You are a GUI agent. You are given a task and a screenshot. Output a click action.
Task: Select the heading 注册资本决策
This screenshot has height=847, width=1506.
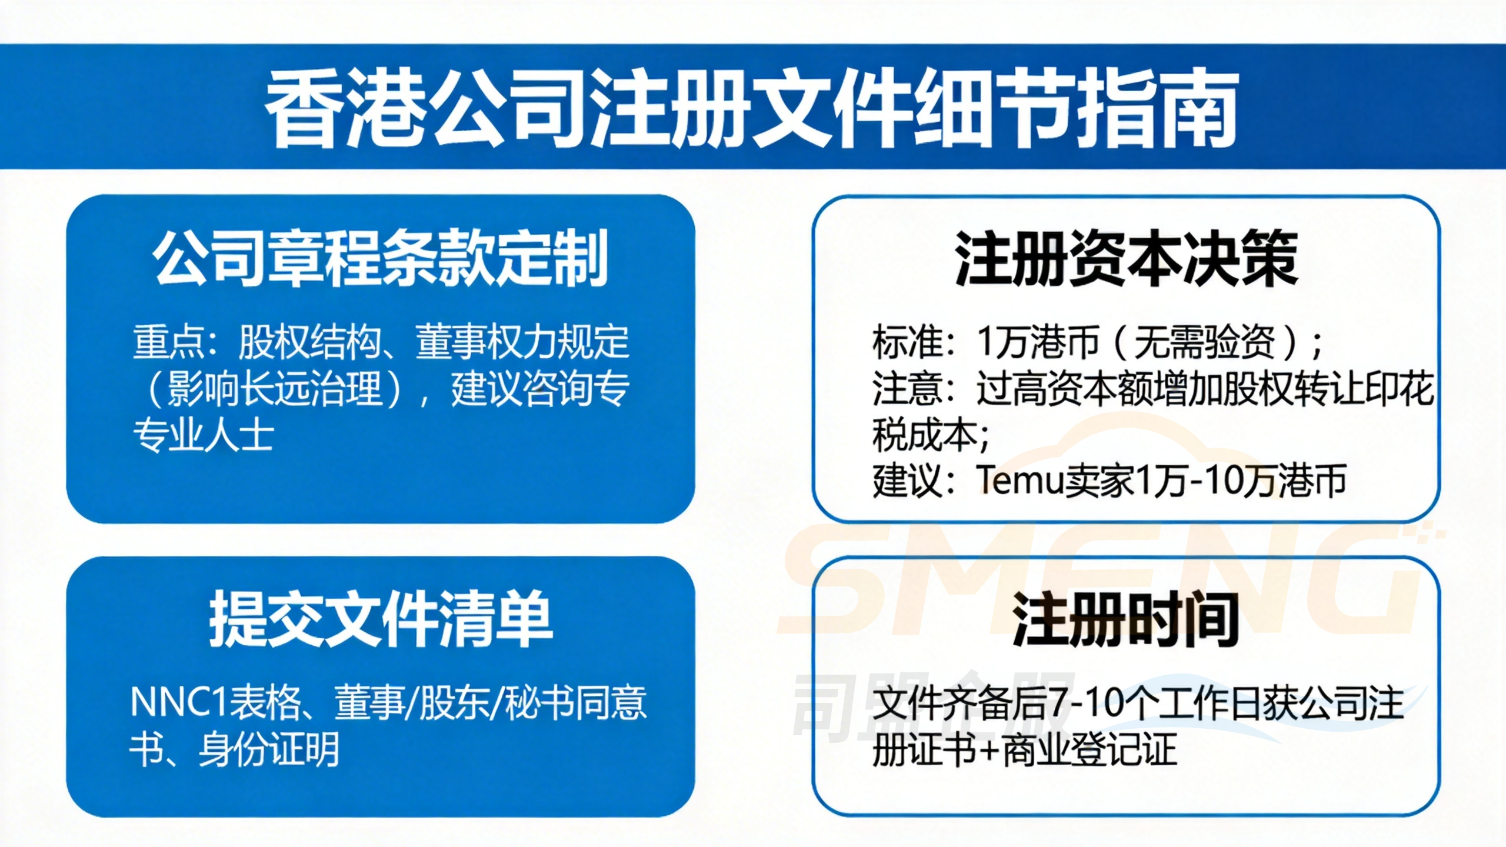pyautogui.click(x=1126, y=259)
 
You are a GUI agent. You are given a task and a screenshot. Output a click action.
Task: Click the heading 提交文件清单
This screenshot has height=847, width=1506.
pyautogui.click(x=381, y=619)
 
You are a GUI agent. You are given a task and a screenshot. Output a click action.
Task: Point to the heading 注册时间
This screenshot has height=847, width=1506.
pyautogui.click(x=1126, y=619)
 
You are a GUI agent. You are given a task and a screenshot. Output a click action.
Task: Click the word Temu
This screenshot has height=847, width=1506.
pyautogui.click(x=1021, y=481)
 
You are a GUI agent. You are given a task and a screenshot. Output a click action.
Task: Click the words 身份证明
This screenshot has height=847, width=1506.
pyautogui.click(x=269, y=749)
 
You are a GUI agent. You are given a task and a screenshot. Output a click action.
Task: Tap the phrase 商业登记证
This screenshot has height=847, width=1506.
pyautogui.click(x=1089, y=749)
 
